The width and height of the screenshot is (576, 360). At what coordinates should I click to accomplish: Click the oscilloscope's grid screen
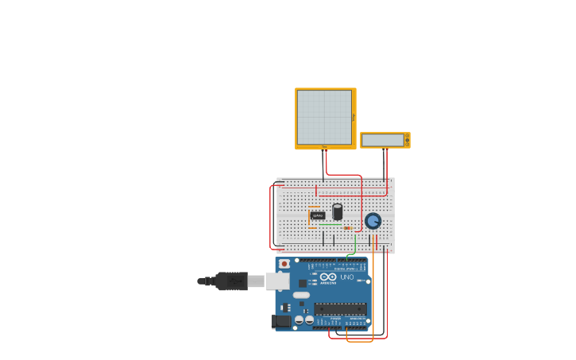[324, 118]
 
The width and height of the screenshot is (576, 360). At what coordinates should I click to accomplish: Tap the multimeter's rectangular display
[382, 140]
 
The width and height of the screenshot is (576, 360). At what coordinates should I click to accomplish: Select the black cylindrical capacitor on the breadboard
[338, 211]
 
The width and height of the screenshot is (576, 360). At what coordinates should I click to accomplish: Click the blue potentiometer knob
[373, 221]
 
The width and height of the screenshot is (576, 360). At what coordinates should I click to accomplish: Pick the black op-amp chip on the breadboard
[318, 215]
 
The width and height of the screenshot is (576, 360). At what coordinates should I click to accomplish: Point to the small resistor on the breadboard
[347, 228]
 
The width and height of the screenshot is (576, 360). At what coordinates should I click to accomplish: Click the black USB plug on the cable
[231, 281]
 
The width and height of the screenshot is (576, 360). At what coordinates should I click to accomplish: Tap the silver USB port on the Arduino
[276, 281]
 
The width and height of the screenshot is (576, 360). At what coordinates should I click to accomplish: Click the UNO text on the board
[347, 277]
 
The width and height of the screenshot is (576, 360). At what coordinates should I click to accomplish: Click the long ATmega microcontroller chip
[339, 308]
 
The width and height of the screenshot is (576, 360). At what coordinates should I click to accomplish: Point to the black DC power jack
[281, 321]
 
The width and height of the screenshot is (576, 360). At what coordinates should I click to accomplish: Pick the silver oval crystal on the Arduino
[301, 295]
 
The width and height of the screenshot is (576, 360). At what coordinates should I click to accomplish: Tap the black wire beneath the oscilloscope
[323, 163]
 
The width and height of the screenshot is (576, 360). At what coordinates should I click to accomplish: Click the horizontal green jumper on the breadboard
[330, 224]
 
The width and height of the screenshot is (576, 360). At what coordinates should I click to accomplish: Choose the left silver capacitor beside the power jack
[300, 320]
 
